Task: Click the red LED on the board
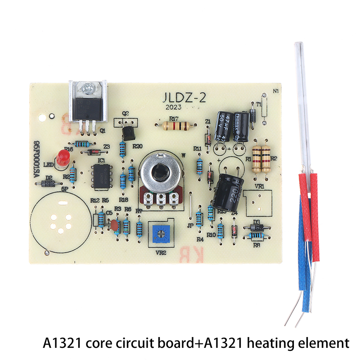[x=62, y=157]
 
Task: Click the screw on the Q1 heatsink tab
[x=88, y=88]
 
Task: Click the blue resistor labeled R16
[x=82, y=144]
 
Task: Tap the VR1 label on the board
[x=258, y=185]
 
